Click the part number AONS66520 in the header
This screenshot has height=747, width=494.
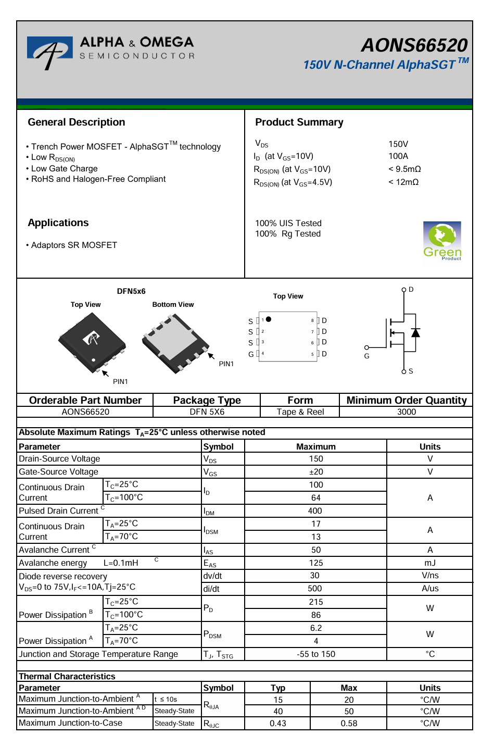tap(414, 45)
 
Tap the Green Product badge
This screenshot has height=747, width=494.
tap(442, 241)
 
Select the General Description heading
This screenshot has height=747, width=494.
tap(77, 122)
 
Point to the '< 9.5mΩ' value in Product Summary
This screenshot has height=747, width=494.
tap(404, 169)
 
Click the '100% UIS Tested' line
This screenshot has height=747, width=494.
tap(288, 223)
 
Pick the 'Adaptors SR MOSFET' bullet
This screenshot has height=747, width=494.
tap(73, 245)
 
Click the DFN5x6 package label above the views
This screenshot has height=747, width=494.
tap(131, 291)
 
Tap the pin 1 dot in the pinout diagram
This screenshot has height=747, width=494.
tap(269, 319)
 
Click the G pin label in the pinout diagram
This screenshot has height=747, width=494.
tap(251, 354)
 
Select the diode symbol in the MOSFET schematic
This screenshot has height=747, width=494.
tap(415, 332)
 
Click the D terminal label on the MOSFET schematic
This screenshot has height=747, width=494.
tap(411, 290)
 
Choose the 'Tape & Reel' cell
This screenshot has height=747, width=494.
tap(300, 412)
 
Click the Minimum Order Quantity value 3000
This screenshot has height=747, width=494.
tap(407, 412)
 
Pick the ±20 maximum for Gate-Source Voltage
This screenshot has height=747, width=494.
tap(316, 472)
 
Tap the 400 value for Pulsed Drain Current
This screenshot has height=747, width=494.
tap(315, 511)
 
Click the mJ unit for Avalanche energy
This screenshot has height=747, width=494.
tap(430, 563)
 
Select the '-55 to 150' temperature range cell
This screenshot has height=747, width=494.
tap(316, 654)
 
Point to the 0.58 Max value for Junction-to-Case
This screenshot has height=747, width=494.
tap(349, 724)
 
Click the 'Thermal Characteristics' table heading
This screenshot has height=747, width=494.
tap(67, 677)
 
